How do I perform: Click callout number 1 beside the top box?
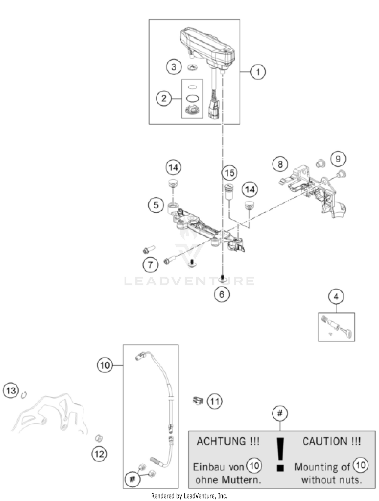(258, 72)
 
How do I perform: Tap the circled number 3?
(174, 67)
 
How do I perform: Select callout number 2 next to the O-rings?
(164, 98)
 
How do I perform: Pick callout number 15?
(229, 173)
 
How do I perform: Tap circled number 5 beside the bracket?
(156, 205)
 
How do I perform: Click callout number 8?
(280, 164)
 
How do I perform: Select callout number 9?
(338, 159)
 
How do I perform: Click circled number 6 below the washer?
(222, 294)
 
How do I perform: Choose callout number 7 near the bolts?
(150, 265)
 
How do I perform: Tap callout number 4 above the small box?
(336, 296)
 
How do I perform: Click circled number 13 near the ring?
(11, 391)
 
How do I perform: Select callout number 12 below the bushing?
(99, 454)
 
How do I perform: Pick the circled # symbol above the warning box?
(280, 414)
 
